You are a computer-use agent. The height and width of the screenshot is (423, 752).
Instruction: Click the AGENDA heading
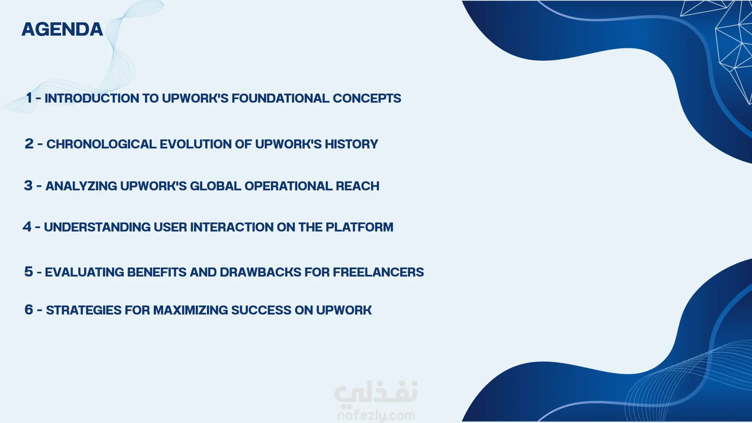62,29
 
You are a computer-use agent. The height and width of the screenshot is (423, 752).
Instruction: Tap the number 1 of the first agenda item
29,98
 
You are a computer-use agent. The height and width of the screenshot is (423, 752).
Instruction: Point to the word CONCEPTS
367,98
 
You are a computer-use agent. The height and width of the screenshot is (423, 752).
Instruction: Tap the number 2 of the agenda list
29,144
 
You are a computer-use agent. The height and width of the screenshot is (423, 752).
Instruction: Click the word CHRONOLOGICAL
101,144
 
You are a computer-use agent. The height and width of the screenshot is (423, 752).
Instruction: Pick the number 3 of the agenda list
28,185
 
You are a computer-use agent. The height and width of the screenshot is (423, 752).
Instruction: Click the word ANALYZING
81,186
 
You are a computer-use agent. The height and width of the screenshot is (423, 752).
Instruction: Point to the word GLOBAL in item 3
215,186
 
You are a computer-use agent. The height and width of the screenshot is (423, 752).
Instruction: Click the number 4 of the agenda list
27,226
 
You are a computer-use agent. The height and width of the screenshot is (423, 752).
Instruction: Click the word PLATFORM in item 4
359,227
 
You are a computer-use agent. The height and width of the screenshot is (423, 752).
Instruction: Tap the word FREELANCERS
378,272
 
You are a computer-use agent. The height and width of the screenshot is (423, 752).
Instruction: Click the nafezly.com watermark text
376,415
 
